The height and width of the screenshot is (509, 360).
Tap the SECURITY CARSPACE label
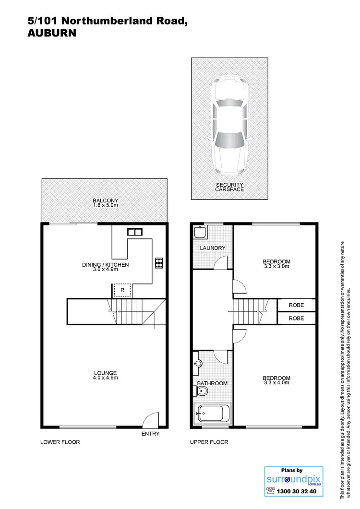click(x=229, y=187)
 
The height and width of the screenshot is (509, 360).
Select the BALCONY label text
click(x=105, y=201)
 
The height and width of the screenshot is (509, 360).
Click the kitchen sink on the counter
click(x=134, y=232)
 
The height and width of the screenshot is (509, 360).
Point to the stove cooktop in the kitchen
click(x=159, y=262)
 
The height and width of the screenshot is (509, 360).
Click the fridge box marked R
click(x=123, y=290)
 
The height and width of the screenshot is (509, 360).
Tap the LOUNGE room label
click(x=105, y=373)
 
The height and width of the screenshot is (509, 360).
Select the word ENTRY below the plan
click(x=150, y=434)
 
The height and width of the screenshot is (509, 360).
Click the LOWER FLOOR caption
click(x=60, y=442)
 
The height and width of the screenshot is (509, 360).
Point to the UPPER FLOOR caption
click(x=209, y=442)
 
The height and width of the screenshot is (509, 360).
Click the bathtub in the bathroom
click(x=212, y=414)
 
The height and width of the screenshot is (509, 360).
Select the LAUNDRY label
click(x=213, y=248)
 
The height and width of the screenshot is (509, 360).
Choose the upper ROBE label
click(x=296, y=305)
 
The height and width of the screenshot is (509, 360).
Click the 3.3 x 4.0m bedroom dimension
click(x=277, y=382)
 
